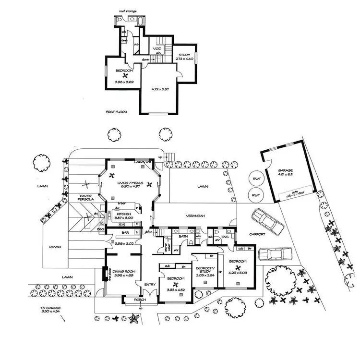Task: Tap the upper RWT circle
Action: click(x=256, y=180)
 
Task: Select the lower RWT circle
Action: click(x=256, y=196)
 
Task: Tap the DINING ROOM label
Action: click(x=124, y=271)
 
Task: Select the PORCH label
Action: click(x=140, y=300)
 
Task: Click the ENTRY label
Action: click(x=150, y=285)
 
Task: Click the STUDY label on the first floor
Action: click(x=185, y=55)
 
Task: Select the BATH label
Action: click(x=183, y=236)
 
